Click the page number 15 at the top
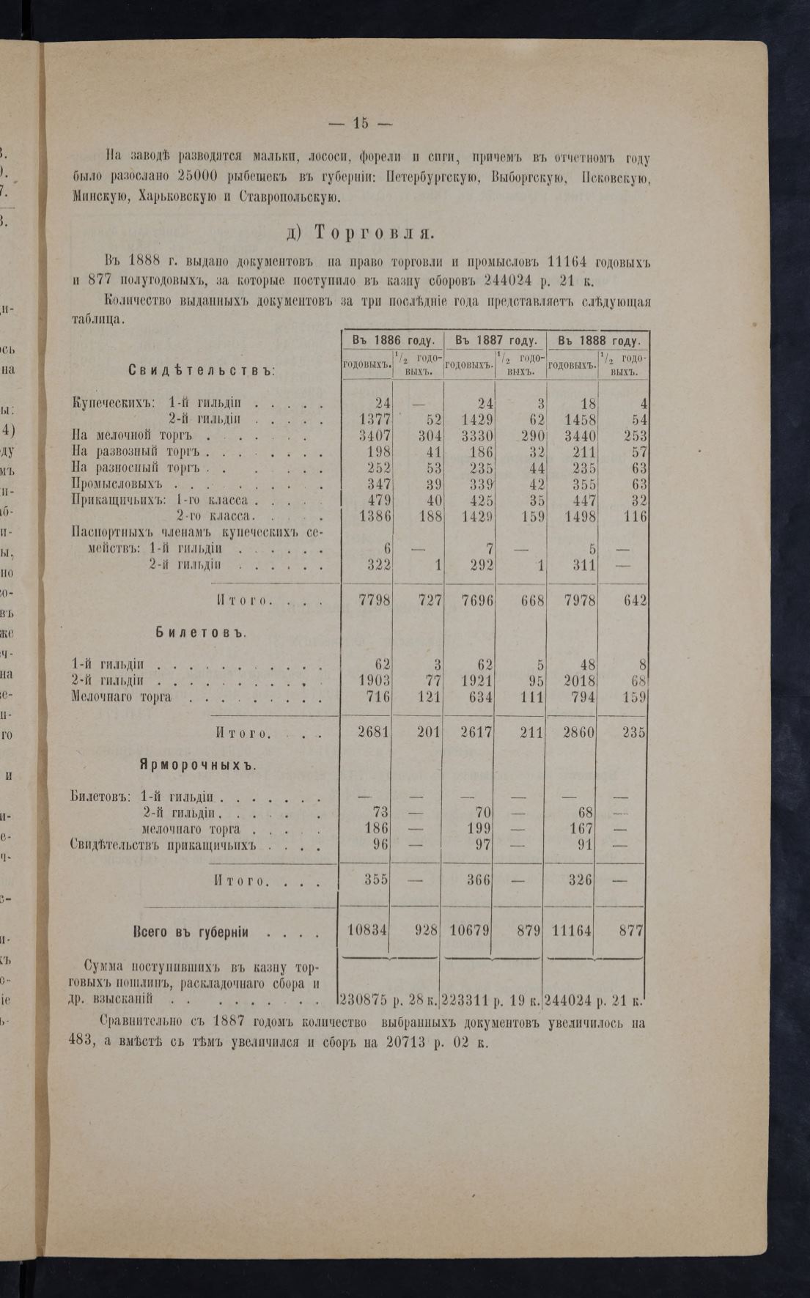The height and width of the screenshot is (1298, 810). [x=360, y=123]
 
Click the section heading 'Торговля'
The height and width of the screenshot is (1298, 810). [x=374, y=232]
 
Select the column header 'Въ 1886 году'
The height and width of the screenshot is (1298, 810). [x=393, y=341]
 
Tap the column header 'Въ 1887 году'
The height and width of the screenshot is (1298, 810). [x=495, y=341]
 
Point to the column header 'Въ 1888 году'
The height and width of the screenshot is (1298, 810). [x=597, y=341]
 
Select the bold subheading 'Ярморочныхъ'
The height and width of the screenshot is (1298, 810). [x=197, y=765]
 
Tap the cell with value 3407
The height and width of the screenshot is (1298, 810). [x=375, y=436]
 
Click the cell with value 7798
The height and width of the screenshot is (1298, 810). [x=375, y=600]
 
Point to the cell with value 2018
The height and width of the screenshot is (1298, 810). [x=578, y=681]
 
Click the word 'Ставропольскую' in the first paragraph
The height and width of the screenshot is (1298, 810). [x=287, y=196]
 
